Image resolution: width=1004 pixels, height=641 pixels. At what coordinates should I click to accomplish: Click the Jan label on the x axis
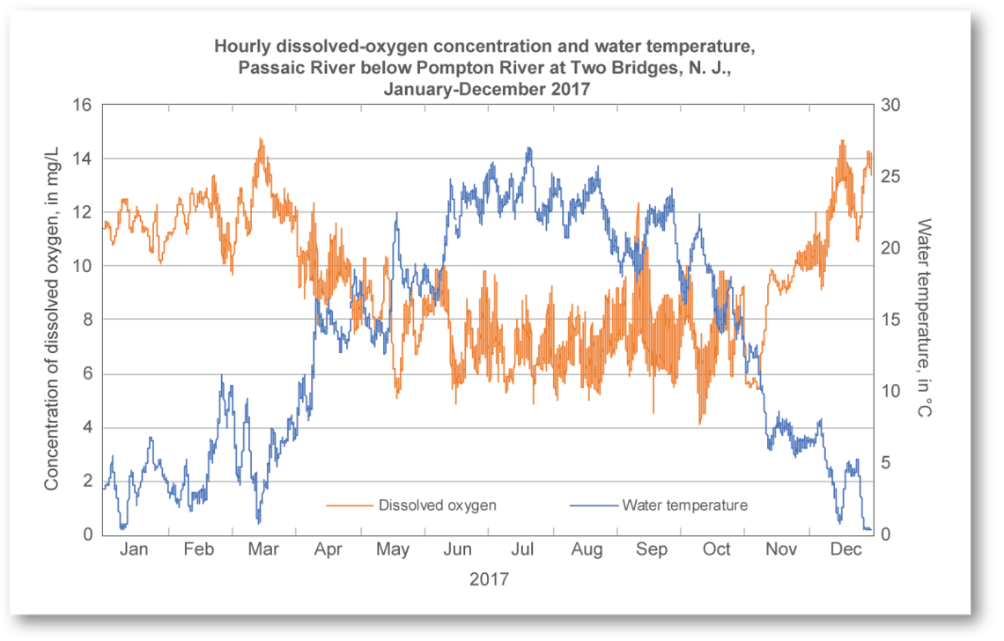pos(134,550)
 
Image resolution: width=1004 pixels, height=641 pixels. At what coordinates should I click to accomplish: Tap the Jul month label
pos(522,550)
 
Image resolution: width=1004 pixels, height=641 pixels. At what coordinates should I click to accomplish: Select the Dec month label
pos(846,550)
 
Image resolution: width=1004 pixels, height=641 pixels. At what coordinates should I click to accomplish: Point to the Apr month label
pos(329,550)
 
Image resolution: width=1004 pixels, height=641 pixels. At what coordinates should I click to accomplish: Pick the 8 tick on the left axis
pos(87,320)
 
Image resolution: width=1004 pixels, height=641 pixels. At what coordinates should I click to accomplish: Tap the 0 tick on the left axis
pos(87,534)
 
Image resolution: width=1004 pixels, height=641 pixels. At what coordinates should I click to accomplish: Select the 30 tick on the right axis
pos(892,105)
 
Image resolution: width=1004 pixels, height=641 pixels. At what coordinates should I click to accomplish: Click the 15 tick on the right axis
pos(892,320)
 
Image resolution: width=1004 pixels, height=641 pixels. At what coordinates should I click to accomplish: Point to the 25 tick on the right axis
pos(892,177)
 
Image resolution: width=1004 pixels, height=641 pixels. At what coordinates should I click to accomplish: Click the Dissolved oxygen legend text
pos(438,505)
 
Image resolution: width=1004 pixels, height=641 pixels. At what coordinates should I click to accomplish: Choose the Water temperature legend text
pos(684,505)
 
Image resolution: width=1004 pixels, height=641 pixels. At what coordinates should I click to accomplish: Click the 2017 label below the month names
pos(488,580)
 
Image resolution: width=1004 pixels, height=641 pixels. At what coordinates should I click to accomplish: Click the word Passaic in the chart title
pos(267,68)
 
